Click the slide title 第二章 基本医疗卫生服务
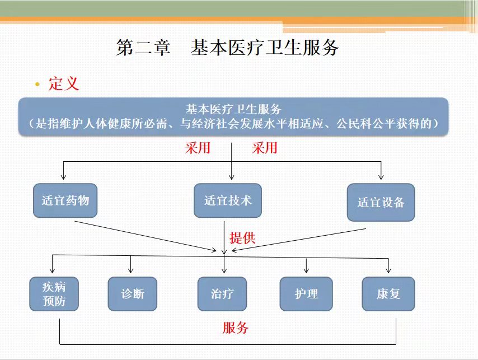pyautogui.click(x=227, y=48)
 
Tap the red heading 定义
pyautogui.click(x=64, y=84)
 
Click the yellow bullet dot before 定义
pyautogui.click(x=37, y=84)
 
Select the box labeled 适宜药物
pyautogui.click(x=65, y=200)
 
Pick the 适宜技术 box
pyautogui.click(x=228, y=200)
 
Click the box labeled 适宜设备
pyautogui.click(x=381, y=202)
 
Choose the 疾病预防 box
pyautogui.click(x=54, y=294)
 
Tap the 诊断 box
pyautogui.click(x=133, y=294)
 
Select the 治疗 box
pyautogui.click(x=222, y=294)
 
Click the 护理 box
pyautogui.click(x=306, y=294)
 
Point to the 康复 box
pyautogui.click(x=388, y=294)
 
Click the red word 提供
pyautogui.click(x=242, y=238)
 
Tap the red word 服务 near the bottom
pyautogui.click(x=235, y=328)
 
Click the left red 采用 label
pyautogui.click(x=198, y=148)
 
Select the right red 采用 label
pyautogui.click(x=265, y=148)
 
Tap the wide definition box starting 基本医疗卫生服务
pyautogui.click(x=233, y=116)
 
